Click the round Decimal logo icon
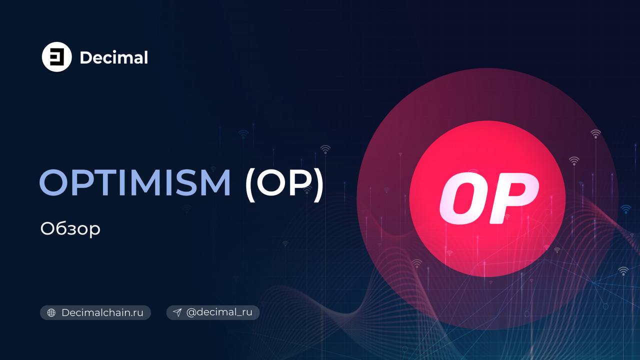coord(56,57)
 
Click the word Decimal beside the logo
coord(114,57)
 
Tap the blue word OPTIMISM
coord(135,182)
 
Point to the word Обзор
coord(70,229)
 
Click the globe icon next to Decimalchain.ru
coord(51,312)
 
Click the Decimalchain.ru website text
coord(102,312)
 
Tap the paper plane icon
coord(177,312)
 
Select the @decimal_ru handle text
coord(219,312)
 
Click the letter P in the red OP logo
coord(513,198)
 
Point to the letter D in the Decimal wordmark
coord(86,57)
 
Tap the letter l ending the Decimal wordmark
coord(146,57)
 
